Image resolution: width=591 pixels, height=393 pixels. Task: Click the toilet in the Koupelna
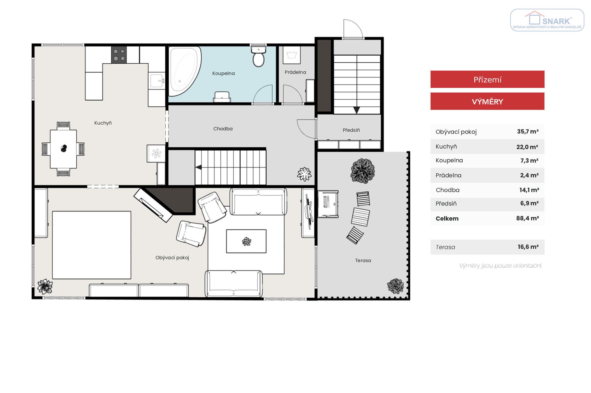click(x=258, y=56)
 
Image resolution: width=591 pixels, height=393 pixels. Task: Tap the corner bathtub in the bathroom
click(x=184, y=71)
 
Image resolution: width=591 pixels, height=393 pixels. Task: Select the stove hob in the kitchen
click(x=119, y=55)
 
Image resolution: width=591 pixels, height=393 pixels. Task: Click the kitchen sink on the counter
click(x=157, y=81)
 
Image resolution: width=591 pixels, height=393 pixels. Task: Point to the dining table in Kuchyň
click(x=63, y=149)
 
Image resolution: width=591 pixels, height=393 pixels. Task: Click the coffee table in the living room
click(x=246, y=241)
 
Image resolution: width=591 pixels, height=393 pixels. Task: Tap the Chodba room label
click(x=223, y=129)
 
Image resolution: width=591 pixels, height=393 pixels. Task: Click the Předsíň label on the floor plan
click(x=351, y=130)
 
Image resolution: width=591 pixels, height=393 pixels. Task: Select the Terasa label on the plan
click(x=363, y=260)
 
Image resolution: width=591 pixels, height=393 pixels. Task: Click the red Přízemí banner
click(x=487, y=79)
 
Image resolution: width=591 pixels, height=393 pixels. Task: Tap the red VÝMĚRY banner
click(x=487, y=101)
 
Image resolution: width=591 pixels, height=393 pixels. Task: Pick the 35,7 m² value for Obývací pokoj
click(x=528, y=132)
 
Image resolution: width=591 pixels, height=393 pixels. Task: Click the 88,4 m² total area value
click(x=527, y=218)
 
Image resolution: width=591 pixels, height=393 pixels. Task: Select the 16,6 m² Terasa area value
click(x=528, y=247)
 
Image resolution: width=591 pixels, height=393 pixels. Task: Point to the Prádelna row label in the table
click(x=448, y=175)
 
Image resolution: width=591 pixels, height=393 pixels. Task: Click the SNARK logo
click(x=547, y=20)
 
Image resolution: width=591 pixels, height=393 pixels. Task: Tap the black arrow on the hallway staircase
click(x=199, y=167)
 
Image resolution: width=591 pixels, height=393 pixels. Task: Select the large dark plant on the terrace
click(x=363, y=171)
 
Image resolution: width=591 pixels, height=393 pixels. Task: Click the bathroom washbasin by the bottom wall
click(x=222, y=97)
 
